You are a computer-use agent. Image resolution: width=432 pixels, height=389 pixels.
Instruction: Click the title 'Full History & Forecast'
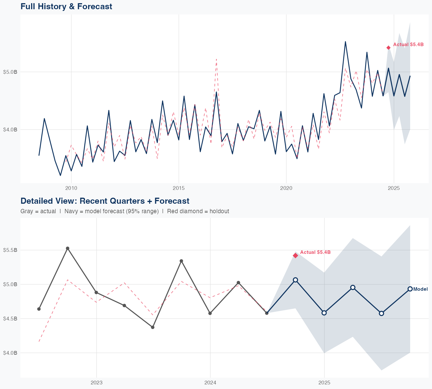(x=66, y=6)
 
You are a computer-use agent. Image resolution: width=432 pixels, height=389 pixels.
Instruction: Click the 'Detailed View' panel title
(x=105, y=201)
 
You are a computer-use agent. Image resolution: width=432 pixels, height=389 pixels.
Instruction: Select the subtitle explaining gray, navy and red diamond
(x=125, y=211)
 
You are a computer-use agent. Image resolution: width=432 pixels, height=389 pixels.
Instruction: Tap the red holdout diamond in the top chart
(x=388, y=48)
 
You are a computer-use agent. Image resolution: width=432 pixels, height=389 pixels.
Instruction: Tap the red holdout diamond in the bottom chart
(x=295, y=256)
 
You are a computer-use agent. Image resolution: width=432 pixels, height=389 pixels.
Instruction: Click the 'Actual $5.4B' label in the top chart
(x=408, y=45)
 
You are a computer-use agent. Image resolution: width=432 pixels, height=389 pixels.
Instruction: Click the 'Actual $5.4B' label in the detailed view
(x=315, y=252)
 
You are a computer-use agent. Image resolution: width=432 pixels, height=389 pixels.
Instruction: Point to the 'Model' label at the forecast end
(x=420, y=289)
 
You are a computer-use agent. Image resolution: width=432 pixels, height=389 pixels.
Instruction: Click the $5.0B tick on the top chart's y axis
(x=10, y=72)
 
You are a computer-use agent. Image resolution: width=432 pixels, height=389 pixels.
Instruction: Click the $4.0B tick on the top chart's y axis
(x=10, y=130)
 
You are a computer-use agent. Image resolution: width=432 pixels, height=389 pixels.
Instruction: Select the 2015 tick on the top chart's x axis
(x=179, y=188)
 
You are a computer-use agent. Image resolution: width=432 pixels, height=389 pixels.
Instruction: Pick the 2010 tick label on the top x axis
(x=71, y=188)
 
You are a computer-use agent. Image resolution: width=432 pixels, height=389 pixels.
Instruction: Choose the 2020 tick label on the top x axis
(x=286, y=188)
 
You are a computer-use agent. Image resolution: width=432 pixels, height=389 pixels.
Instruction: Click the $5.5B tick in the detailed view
(x=10, y=250)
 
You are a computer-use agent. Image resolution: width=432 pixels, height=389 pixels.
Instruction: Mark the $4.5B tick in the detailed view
(x=10, y=319)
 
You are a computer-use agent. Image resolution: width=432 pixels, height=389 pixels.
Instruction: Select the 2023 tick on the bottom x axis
(x=96, y=383)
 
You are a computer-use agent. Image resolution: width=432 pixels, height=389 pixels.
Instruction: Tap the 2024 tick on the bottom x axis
(x=210, y=383)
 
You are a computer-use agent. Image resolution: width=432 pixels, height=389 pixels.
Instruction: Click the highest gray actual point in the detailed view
(x=67, y=248)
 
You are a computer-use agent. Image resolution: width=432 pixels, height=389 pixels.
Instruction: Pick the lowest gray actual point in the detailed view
(x=153, y=327)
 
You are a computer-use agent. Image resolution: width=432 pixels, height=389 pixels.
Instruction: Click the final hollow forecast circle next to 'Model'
(x=410, y=289)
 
